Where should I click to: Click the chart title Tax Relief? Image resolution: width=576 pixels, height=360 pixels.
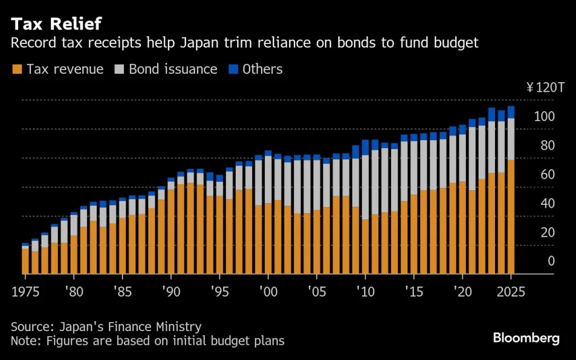(x=56, y=24)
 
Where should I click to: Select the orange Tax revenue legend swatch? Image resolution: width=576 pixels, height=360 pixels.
(x=16, y=69)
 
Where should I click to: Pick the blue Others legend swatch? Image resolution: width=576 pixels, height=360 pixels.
(x=233, y=69)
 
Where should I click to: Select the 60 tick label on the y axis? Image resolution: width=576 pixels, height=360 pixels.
(x=547, y=175)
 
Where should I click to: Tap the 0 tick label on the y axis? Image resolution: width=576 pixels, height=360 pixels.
(x=551, y=262)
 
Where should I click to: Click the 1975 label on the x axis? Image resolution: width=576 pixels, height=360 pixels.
(x=25, y=291)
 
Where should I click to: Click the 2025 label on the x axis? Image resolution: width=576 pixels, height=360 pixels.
(x=511, y=291)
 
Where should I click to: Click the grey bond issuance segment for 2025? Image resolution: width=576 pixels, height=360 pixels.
(x=511, y=139)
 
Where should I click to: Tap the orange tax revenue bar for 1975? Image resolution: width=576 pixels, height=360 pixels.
(x=25, y=261)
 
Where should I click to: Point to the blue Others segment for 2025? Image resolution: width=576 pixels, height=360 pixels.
(x=511, y=112)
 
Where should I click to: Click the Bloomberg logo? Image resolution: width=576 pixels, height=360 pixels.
(x=526, y=338)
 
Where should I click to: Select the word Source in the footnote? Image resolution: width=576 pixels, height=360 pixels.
(x=30, y=327)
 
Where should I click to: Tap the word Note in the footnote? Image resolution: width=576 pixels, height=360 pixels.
(x=24, y=341)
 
